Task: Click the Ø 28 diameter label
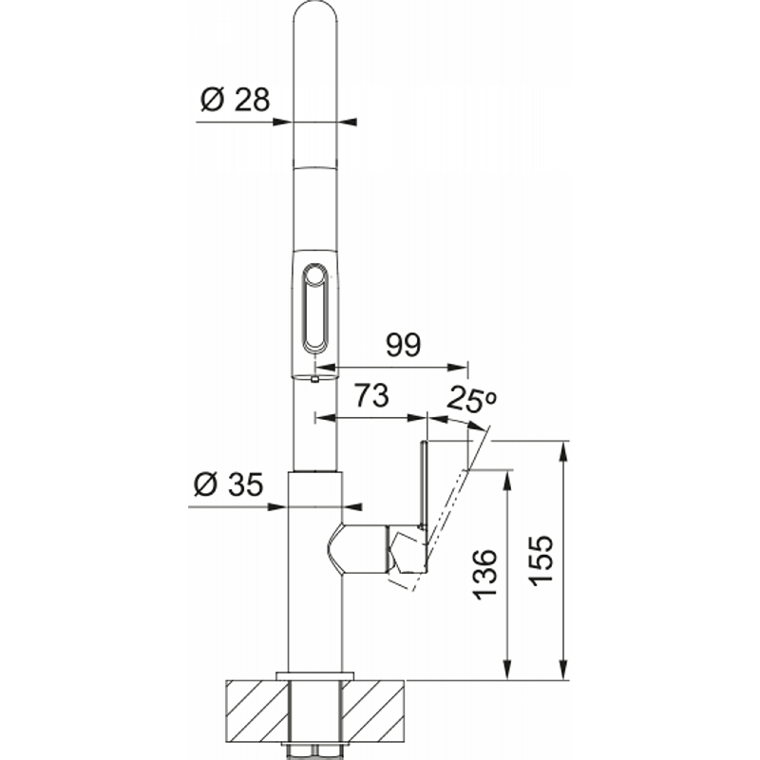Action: (235, 100)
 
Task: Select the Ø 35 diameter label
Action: (228, 484)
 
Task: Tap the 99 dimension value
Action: (403, 345)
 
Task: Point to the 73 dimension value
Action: (371, 395)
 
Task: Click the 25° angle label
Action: (471, 399)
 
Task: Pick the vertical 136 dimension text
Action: (484, 575)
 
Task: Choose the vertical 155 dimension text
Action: (541, 560)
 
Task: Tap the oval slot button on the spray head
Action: (315, 309)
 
